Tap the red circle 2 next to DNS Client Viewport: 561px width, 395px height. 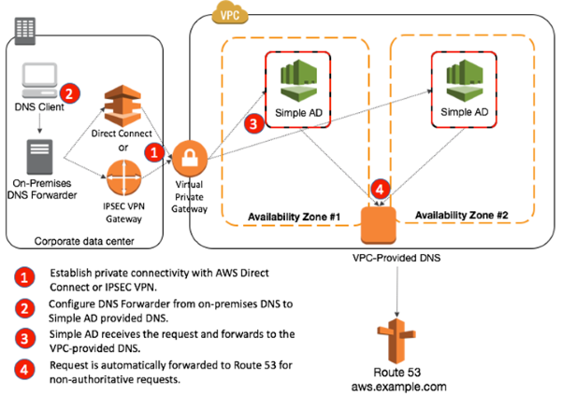click(68, 92)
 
